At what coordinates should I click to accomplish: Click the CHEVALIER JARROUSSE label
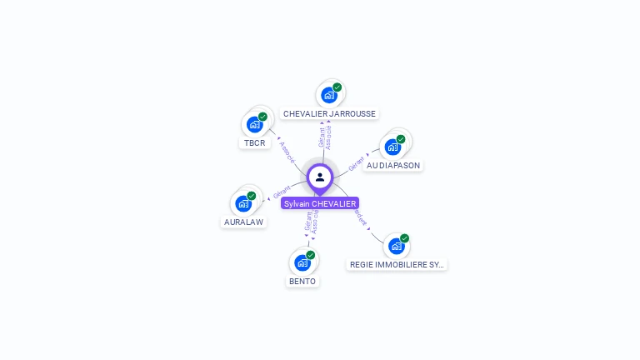329,113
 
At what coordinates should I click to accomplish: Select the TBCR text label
254,142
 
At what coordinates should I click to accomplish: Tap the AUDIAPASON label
392,165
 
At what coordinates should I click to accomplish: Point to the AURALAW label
243,222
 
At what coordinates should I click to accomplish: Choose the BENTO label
302,281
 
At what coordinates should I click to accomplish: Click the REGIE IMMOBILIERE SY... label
397,264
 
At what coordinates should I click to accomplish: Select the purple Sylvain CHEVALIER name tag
320,203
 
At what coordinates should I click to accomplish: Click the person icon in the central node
320,177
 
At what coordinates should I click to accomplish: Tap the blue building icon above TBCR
254,125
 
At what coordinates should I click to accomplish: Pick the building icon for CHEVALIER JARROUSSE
328,95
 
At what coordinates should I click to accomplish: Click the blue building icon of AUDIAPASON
392,147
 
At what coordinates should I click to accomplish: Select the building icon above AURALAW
242,203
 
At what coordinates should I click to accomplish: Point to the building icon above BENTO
302,262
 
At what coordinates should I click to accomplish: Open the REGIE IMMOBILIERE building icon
396,246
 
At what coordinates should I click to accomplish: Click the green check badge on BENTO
311,254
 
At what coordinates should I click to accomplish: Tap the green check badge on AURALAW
252,196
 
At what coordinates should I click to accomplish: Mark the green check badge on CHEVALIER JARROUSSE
337,87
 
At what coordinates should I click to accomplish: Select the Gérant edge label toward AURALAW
281,193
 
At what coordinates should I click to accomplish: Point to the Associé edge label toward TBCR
287,151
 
